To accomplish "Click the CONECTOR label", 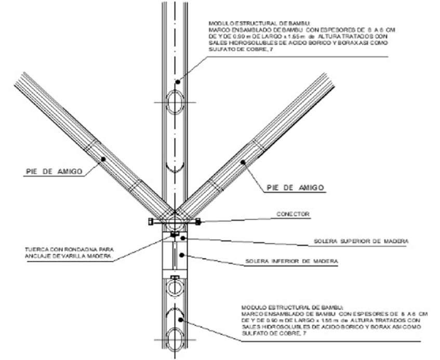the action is (x=292, y=214).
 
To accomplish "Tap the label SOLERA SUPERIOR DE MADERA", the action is (x=361, y=242).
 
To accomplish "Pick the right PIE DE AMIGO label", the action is (x=295, y=187).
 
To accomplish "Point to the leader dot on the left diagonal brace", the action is (x=103, y=159).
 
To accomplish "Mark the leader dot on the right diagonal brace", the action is (x=243, y=163).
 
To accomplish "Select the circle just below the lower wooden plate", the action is (x=176, y=287).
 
